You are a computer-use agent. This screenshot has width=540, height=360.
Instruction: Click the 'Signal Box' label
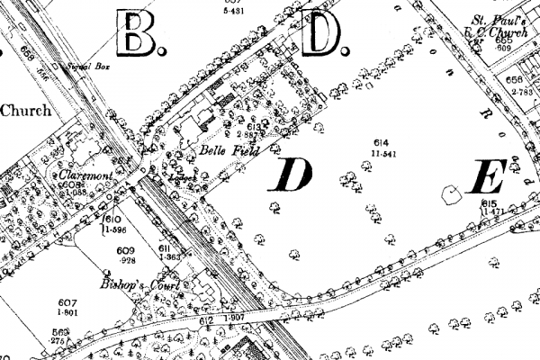point(84,67)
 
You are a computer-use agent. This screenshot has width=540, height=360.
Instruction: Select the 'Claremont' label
point(85,175)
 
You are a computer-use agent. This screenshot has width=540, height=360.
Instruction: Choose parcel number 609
point(124,250)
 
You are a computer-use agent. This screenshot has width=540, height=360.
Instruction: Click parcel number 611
point(165,248)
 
